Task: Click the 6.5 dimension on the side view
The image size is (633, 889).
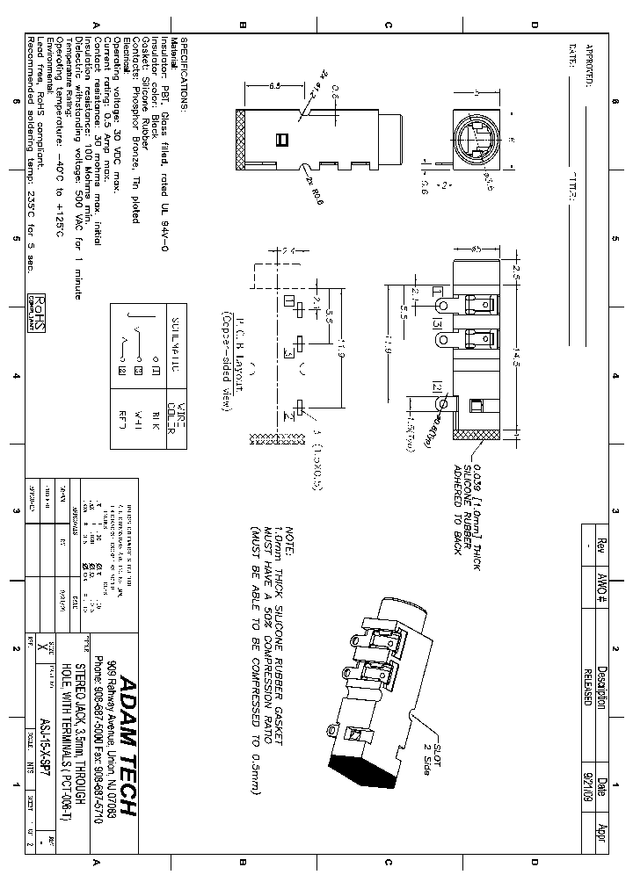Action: (x=274, y=86)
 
